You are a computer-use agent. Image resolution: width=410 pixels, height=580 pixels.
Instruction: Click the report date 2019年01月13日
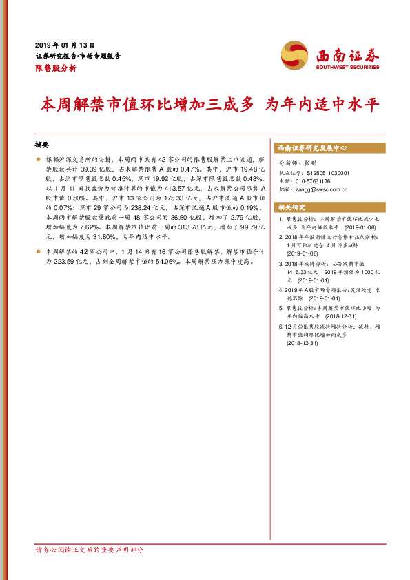(64, 43)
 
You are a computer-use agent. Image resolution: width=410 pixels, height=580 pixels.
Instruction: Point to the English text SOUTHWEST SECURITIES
(347, 68)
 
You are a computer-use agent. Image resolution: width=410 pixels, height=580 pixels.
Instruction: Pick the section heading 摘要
(43, 145)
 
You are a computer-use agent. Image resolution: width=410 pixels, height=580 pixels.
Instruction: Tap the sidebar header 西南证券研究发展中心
(312, 147)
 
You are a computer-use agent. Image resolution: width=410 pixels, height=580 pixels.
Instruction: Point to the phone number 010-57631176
(322, 181)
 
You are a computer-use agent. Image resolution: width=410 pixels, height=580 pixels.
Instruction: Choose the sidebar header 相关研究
(291, 207)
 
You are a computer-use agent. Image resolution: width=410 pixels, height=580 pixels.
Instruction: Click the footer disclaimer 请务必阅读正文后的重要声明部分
(90, 550)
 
